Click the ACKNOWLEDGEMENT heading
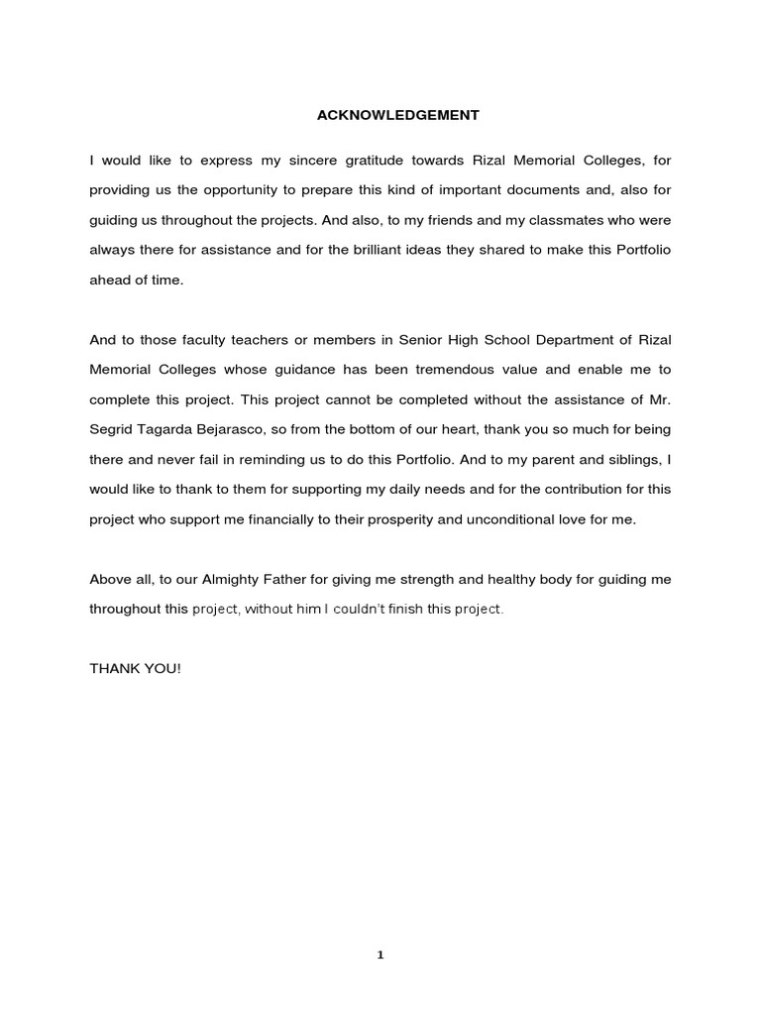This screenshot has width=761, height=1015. (x=397, y=115)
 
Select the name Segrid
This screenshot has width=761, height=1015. (x=112, y=430)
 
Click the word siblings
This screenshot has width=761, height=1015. (x=626, y=460)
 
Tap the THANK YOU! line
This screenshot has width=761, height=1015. (x=136, y=669)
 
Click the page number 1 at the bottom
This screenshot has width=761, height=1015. (x=380, y=956)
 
